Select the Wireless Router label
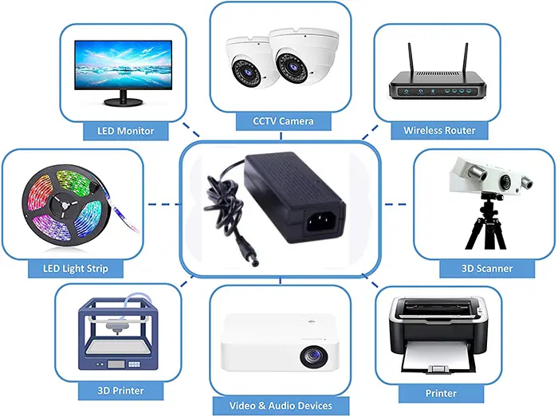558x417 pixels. [439, 130]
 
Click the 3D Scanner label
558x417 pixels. [487, 268]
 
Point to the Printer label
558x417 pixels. [441, 393]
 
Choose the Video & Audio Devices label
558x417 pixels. [281, 406]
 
